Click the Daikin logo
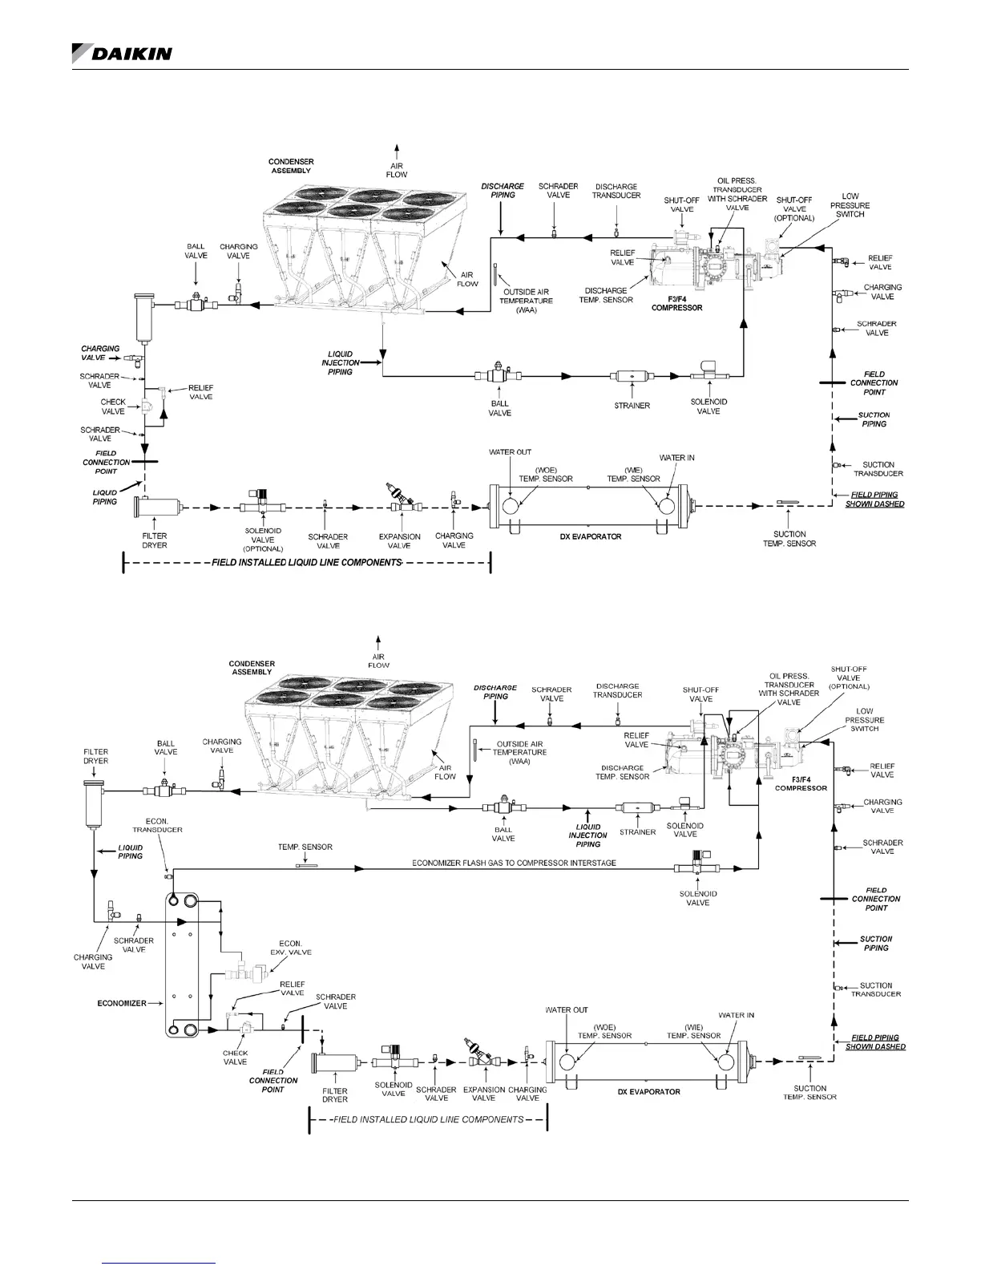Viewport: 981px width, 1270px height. (122, 53)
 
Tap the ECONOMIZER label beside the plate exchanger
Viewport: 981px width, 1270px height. (121, 1003)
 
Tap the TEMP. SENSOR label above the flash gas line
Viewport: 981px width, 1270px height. (305, 847)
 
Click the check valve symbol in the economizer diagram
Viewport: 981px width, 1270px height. (245, 1029)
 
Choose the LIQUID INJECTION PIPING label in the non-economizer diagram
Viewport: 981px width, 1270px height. (341, 362)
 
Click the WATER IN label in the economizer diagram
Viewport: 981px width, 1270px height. (736, 1015)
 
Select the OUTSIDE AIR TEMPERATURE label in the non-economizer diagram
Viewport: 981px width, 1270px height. (528, 300)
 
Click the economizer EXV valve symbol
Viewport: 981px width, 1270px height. (250, 973)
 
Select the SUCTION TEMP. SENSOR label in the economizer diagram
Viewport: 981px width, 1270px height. (809, 1093)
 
